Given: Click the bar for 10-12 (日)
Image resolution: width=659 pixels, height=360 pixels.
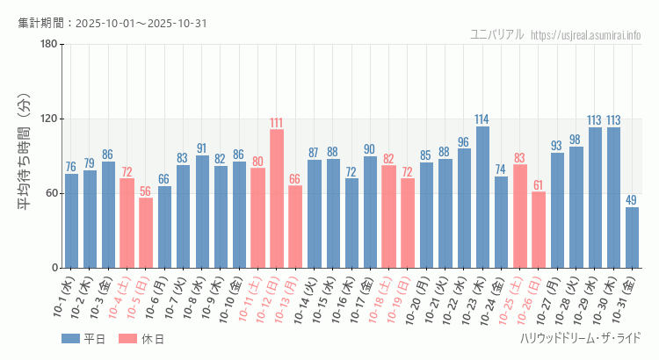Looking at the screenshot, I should point(277,198).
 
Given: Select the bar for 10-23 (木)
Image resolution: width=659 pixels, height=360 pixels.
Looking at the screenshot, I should point(482,197).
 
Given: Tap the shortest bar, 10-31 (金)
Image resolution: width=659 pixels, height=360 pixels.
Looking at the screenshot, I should point(632,237).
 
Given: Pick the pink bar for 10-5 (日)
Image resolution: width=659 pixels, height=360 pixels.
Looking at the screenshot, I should point(146,233).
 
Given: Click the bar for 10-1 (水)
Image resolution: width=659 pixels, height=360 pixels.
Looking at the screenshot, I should point(71,220).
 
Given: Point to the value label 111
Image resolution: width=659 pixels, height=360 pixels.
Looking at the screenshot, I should point(277,123).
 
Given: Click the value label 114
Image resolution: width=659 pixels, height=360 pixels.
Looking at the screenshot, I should point(482,119).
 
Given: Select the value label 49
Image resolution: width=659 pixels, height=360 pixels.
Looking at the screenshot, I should point(632,200).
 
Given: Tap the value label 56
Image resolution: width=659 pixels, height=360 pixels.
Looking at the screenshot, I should point(146,191).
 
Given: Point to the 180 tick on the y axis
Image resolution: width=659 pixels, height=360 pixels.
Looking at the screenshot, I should point(48,45).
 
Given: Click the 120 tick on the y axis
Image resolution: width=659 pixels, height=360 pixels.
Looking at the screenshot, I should point(48,119).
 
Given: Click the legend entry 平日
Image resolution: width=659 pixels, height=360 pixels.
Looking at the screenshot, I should point(83,338).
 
